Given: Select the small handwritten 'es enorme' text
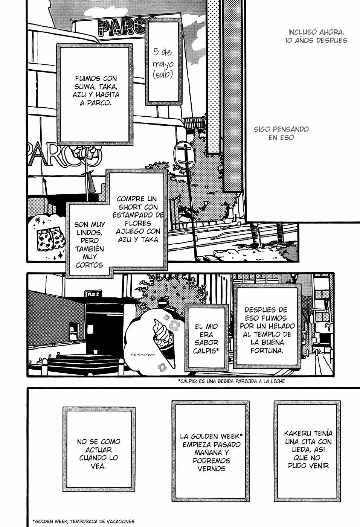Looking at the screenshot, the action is (143, 354).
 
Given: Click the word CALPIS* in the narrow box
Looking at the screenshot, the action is (206, 351).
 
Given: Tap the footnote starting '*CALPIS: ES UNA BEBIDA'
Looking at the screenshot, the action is (232, 381).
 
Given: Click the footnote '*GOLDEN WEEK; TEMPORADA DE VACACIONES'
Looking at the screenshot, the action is (84, 521).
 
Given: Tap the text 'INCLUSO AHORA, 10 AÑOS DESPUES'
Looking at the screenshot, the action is (316, 36).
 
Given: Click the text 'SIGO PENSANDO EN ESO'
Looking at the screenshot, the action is (281, 133).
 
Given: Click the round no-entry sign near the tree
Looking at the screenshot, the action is (163, 303).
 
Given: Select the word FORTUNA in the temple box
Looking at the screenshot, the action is (267, 350).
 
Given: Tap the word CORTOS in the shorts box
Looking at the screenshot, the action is (89, 265).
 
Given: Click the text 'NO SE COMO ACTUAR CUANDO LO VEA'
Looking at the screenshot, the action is (99, 454).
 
